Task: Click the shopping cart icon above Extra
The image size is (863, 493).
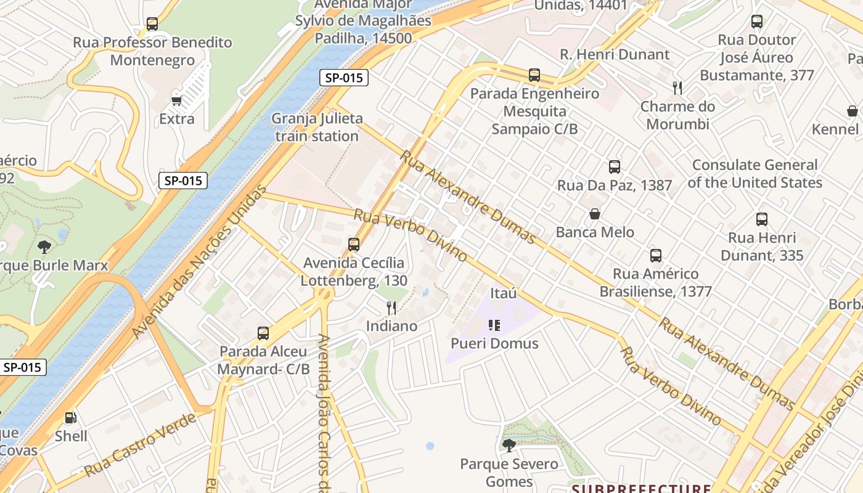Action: coord(177,100)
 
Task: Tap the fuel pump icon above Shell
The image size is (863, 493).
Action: coord(71,418)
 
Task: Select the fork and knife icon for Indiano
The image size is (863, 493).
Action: coord(391,308)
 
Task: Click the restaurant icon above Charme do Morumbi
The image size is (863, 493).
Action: coord(677,88)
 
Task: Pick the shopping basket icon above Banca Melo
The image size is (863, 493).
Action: coord(595,214)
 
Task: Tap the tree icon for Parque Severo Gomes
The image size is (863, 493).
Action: coord(509,446)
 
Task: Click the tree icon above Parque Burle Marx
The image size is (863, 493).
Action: coord(44,247)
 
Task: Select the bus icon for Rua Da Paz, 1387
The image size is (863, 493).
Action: coord(614,166)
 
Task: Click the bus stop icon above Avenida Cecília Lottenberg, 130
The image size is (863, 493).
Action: coord(354,245)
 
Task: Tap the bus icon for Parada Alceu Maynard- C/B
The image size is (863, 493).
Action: coord(263,333)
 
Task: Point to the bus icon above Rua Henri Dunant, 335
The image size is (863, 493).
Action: coord(762,219)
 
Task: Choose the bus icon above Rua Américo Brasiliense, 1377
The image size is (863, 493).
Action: coord(656,256)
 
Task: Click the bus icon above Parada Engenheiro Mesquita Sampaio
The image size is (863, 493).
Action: coord(534,75)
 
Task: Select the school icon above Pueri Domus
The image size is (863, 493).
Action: coord(494,325)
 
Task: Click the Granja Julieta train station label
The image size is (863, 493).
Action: coord(317,128)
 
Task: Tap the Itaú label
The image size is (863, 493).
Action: coord(504,293)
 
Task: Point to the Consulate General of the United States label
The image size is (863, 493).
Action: coord(755,174)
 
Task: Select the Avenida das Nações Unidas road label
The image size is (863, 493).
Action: coord(201,261)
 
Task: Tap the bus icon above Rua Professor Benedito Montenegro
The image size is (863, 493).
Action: coord(152,24)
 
